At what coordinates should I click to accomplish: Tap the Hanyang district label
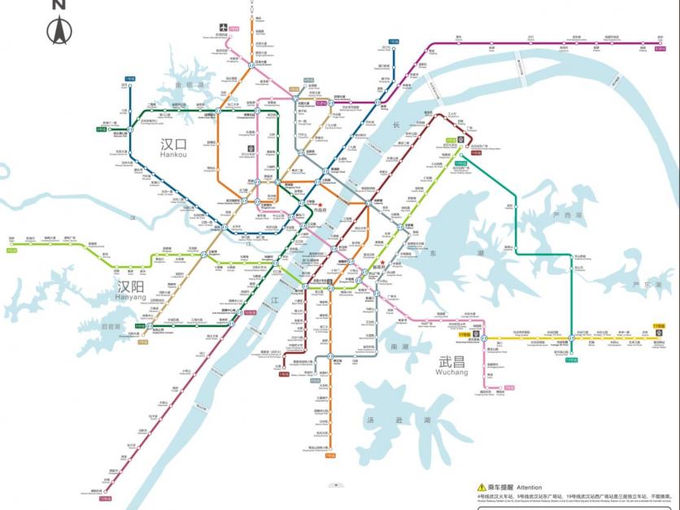click(132, 290)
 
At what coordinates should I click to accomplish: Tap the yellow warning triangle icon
click(482, 486)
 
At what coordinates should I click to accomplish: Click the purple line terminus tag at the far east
click(660, 47)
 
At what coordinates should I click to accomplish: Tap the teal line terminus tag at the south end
click(571, 359)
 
